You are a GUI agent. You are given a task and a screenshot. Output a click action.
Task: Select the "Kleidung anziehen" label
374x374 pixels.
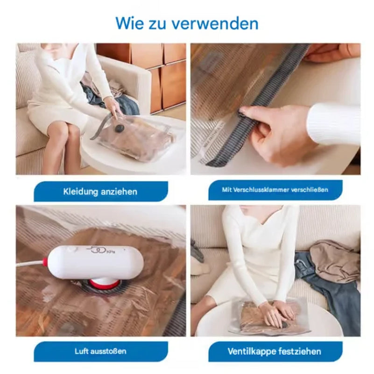pos(100,191)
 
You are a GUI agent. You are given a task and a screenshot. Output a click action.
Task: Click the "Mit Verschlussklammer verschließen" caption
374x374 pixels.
pos(275,190)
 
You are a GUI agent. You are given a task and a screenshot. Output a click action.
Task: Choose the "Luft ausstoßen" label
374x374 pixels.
pos(100,351)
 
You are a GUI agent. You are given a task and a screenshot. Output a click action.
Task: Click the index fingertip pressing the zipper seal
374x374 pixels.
pos(244,111)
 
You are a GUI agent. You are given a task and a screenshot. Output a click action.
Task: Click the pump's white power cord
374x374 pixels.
pos(30,264)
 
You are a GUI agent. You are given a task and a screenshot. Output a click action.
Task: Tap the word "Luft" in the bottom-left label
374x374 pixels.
pos(83,351)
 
